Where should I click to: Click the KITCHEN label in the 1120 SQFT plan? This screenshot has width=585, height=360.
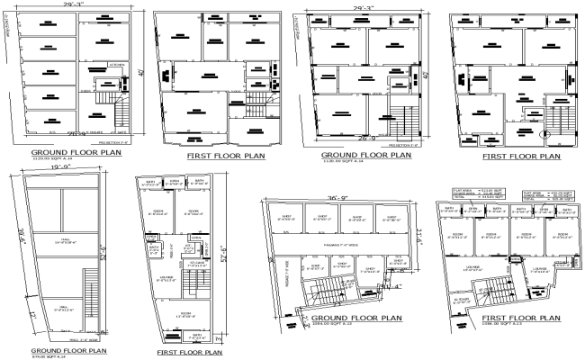click(x=116, y=65)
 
